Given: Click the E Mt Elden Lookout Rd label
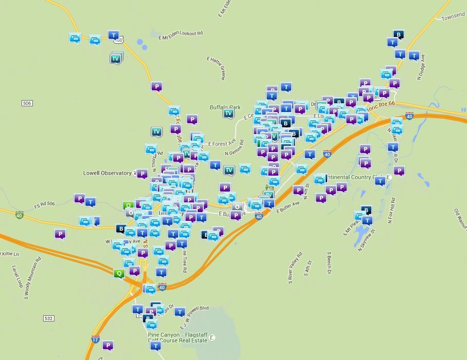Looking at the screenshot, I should [x=181, y=34].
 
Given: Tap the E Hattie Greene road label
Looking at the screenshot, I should [x=215, y=68].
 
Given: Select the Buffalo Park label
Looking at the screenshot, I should [x=225, y=107].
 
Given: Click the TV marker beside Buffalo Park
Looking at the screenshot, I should [x=229, y=113].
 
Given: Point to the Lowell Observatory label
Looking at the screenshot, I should [x=107, y=173].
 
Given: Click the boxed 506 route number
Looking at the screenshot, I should [x=27, y=103].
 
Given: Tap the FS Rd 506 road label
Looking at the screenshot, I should [x=43, y=204].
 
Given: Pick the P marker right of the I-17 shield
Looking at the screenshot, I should [x=107, y=345].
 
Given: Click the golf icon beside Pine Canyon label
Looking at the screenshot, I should [x=213, y=337].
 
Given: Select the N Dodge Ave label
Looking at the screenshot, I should [x=422, y=67].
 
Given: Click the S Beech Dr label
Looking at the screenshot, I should [x=328, y=263].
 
